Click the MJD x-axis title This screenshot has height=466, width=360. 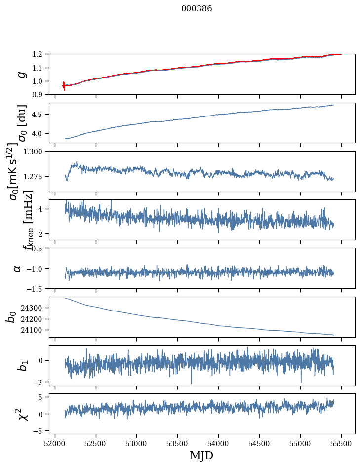[x=201, y=455]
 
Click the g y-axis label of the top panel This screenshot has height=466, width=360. [x=21, y=74]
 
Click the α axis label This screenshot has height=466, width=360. [x=18, y=268]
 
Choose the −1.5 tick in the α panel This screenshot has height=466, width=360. [x=39, y=288]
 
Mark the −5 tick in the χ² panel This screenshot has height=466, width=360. [x=41, y=431]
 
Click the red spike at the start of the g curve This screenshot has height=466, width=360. [x=64, y=85]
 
